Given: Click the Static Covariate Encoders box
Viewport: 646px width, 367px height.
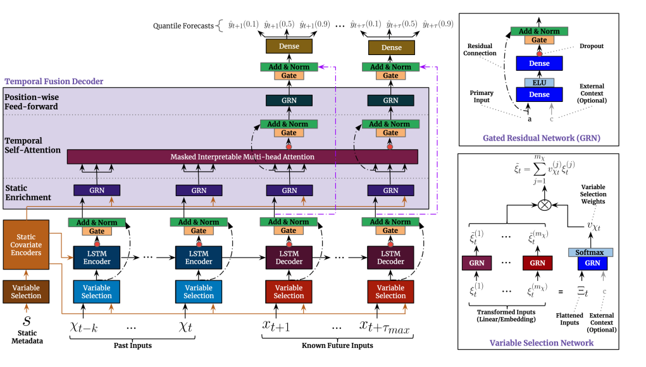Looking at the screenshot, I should pos(27,245).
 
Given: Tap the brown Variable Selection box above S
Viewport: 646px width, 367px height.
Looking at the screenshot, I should pos(27,292).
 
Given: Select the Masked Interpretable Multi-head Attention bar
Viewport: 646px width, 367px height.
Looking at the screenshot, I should pos(242,156).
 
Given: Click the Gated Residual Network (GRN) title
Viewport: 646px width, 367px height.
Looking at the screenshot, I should pos(541,137).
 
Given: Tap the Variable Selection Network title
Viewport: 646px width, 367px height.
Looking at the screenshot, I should pos(542,343).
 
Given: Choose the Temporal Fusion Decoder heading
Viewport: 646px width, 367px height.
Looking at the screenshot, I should pos(54,82).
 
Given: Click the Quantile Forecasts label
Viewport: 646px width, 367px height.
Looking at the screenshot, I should pos(184,26).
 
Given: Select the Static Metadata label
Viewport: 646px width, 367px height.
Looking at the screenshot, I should pos(27,337).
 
